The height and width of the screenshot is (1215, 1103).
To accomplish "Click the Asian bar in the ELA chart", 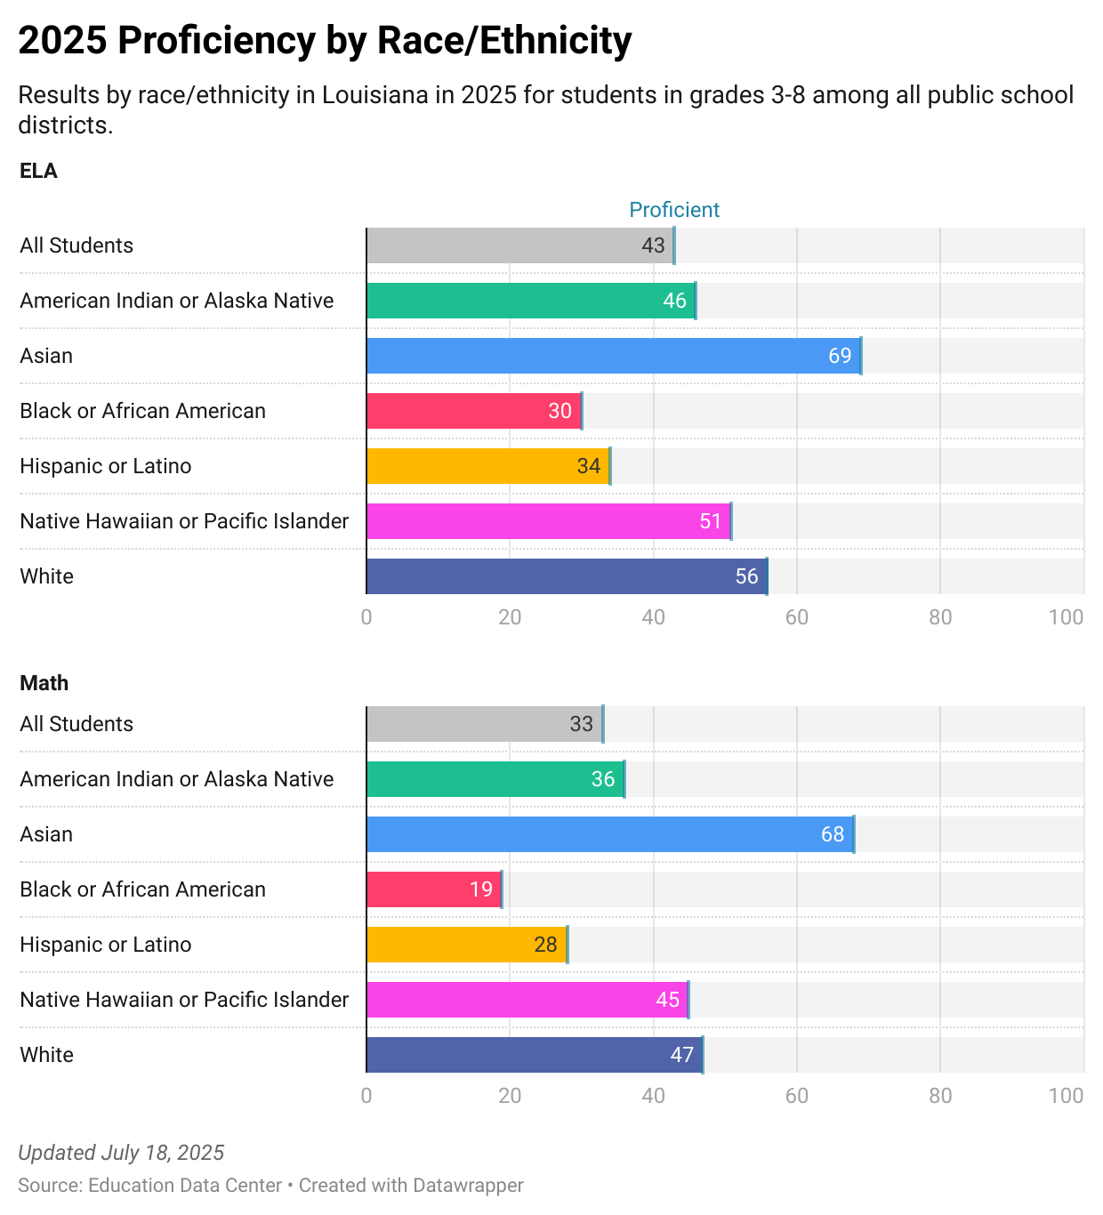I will coord(614,356).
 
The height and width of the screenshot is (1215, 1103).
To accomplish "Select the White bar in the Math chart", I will coord(534,1055).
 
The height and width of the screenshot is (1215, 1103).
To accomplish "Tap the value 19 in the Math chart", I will coord(481,889).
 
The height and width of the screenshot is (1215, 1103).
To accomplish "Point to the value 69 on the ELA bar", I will coord(840,356).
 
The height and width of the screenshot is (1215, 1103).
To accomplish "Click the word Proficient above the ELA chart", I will coord(674,210).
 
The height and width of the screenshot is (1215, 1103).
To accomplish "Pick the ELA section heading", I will coord(38,171).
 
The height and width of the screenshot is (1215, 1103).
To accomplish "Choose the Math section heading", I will coord(44,683).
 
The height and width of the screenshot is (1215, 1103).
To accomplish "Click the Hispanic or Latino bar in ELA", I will coord(487,466).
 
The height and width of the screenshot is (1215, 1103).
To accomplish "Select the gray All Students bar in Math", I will coord(485,724).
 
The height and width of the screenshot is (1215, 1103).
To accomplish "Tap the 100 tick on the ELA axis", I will coord(1066,617).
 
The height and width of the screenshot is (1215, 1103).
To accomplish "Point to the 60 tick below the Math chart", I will coord(796,1096).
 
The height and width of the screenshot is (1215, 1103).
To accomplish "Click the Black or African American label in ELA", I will coord(142,411).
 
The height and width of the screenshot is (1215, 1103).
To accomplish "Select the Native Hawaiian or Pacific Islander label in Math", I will coord(184,1000).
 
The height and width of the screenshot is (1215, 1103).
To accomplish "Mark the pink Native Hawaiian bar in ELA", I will coord(548,521).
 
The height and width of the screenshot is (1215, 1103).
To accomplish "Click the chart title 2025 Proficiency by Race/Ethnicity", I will coord(325,41).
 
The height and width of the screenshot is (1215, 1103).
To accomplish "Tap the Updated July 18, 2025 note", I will coord(121,1153).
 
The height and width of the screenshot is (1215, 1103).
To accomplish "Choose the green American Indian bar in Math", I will coord(495,779).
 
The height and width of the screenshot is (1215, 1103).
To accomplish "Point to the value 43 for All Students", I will coord(653,245).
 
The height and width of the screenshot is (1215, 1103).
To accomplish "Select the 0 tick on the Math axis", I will coord(366,1096).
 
